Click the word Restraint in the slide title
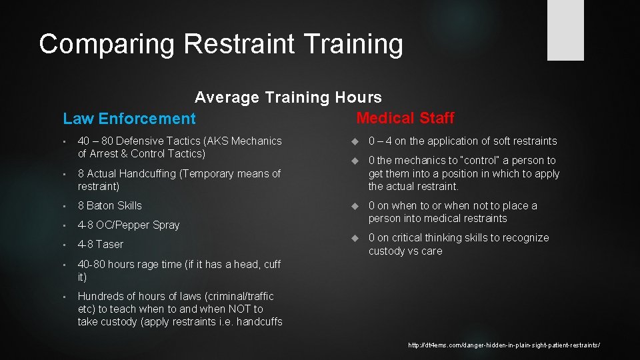[238, 44]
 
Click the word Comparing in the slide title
[107, 44]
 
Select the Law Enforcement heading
[129, 119]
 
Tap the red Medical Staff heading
[405, 118]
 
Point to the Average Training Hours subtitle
[288, 97]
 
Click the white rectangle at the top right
[565, 30]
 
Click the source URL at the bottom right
[503, 345]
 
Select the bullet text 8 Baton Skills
[109, 205]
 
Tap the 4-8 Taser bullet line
[100, 244]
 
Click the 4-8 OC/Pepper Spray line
[128, 225]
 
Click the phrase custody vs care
[405, 251]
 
